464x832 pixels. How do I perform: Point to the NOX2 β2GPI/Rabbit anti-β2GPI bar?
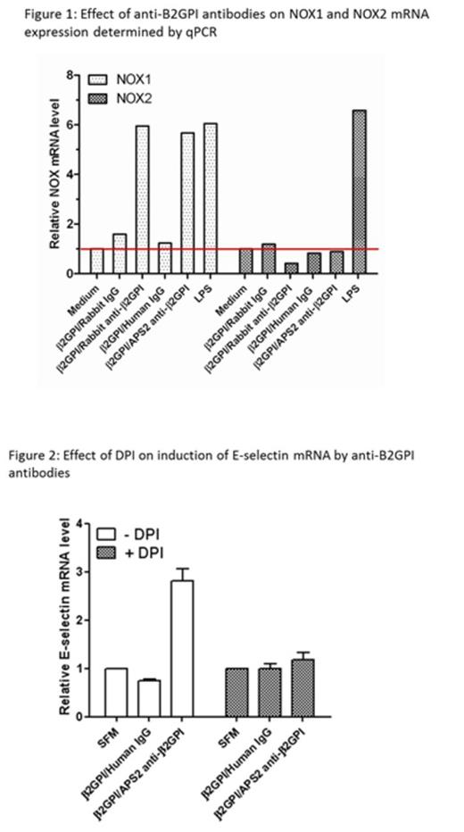pyautogui.click(x=290, y=268)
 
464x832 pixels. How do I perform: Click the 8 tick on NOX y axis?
pyautogui.click(x=78, y=75)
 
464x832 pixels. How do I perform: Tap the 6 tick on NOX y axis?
pyautogui.click(x=78, y=125)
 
